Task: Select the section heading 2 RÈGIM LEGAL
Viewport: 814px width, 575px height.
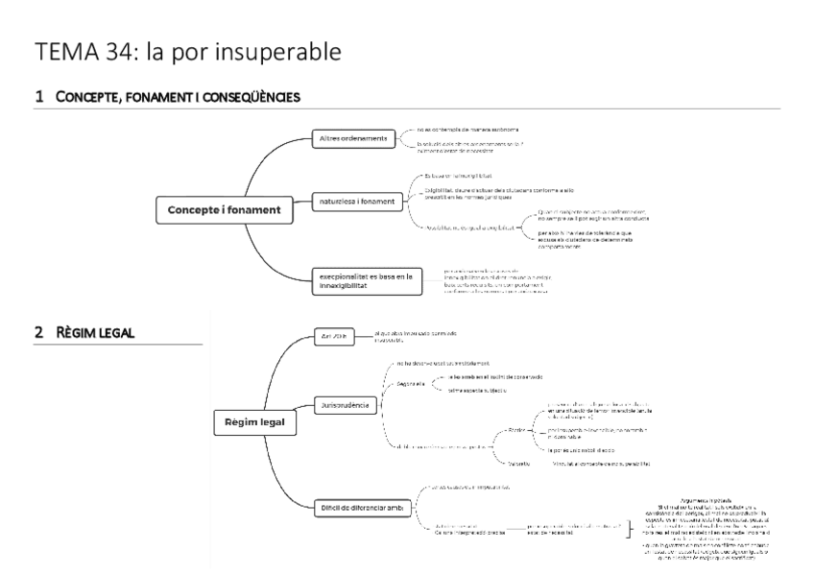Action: [85, 332]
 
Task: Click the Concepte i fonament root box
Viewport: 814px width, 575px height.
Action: [212, 209]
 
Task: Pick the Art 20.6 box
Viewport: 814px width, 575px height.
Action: [332, 335]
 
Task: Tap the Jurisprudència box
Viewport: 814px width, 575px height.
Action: [346, 404]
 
